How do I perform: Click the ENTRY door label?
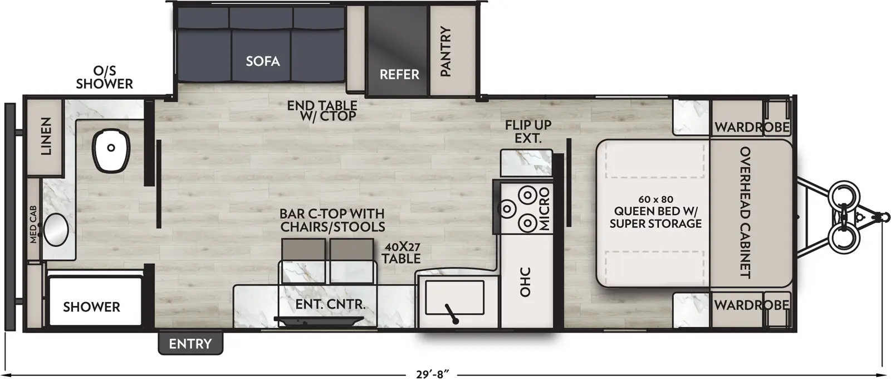(190, 344)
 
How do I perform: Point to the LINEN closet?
(45, 137)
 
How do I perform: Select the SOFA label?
(263, 61)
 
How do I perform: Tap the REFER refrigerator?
(399, 74)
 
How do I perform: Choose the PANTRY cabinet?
(445, 51)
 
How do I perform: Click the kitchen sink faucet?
(451, 314)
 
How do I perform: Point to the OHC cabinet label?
(525, 283)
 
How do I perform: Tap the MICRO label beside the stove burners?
(544, 209)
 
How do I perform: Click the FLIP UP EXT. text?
(527, 132)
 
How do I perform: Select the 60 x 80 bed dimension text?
(655, 199)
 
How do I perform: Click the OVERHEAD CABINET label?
(745, 212)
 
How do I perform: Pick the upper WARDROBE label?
(752, 127)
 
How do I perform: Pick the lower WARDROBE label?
(752, 305)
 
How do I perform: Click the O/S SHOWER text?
(105, 77)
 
